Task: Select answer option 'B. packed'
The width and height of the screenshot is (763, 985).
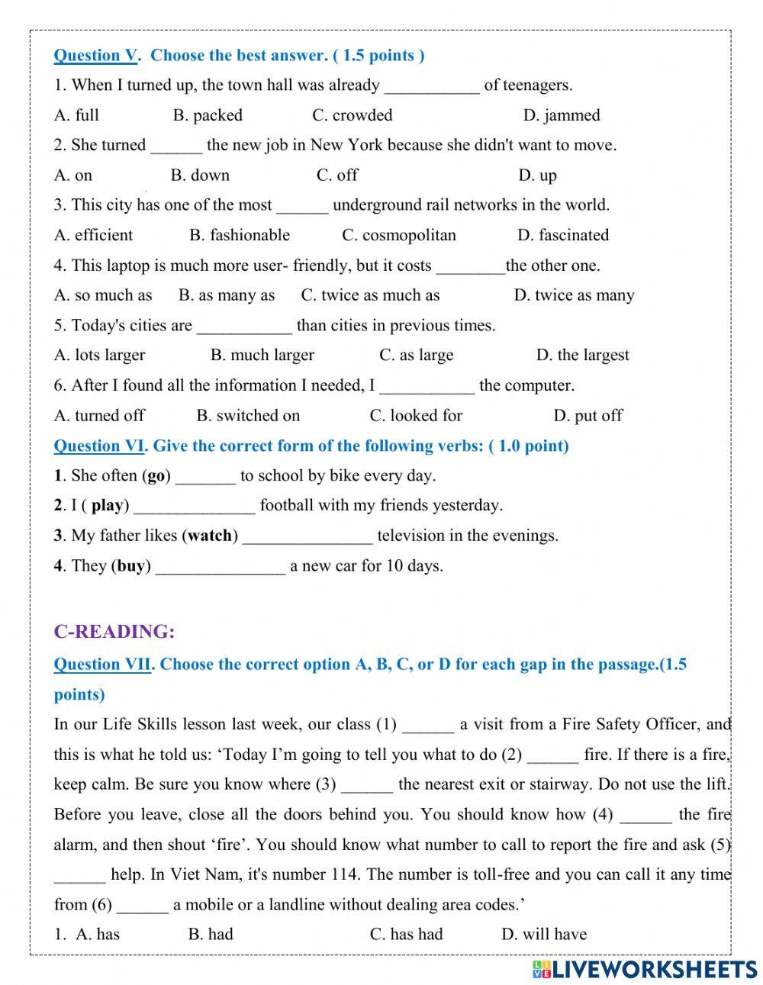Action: click(x=208, y=115)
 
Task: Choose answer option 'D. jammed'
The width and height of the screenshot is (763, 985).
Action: click(x=562, y=115)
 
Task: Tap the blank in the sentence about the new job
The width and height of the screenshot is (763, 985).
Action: click(x=176, y=146)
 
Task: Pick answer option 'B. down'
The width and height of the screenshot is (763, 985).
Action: click(x=200, y=175)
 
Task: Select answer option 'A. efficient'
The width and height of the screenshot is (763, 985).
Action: click(x=93, y=235)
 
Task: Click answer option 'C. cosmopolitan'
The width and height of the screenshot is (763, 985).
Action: click(x=398, y=235)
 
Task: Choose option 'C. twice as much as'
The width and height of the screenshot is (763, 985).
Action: click(x=370, y=295)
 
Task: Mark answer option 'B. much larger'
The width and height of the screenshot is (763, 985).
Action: click(x=262, y=356)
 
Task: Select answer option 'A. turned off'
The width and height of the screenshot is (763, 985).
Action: click(x=99, y=416)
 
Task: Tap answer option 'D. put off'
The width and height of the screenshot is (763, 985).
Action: click(x=588, y=416)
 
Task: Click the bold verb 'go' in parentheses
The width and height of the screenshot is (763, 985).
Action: click(x=156, y=476)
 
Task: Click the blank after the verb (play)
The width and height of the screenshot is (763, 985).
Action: click(x=195, y=506)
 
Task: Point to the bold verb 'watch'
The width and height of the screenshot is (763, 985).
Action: click(x=210, y=536)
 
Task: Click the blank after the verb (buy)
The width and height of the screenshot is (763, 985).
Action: click(x=221, y=566)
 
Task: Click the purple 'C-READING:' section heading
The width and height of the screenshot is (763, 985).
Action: click(x=114, y=632)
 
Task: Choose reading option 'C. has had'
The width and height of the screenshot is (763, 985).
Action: click(x=406, y=934)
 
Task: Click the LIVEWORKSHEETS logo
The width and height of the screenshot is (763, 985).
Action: click(x=644, y=969)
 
